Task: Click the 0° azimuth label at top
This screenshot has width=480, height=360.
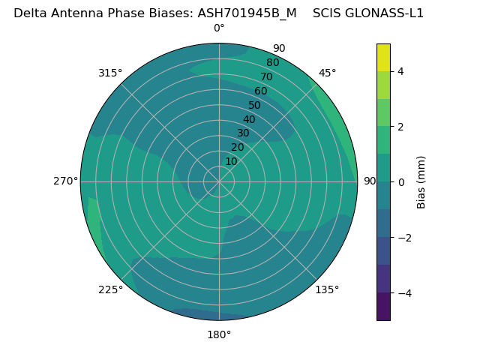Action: (x=219, y=28)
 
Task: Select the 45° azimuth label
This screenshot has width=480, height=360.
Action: (x=327, y=73)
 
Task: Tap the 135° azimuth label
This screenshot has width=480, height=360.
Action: (x=327, y=289)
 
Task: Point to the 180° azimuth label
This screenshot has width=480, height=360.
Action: (x=219, y=334)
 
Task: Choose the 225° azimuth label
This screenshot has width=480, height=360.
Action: (x=110, y=289)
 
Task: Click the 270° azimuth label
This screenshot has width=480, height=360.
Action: (x=65, y=181)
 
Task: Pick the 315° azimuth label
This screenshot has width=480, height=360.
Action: (x=110, y=73)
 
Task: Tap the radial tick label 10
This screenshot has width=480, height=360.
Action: (x=231, y=161)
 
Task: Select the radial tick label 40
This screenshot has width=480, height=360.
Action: (x=249, y=119)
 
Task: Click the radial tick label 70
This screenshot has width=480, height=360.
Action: (x=266, y=76)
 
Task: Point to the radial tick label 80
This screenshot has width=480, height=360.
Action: (x=272, y=62)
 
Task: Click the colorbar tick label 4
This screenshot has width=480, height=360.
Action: (x=400, y=71)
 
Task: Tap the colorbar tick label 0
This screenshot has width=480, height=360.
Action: (x=400, y=182)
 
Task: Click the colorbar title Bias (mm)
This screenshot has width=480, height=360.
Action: (x=421, y=182)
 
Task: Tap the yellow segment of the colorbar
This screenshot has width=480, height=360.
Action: (x=383, y=58)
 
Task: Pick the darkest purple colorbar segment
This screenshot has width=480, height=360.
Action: (x=383, y=306)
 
